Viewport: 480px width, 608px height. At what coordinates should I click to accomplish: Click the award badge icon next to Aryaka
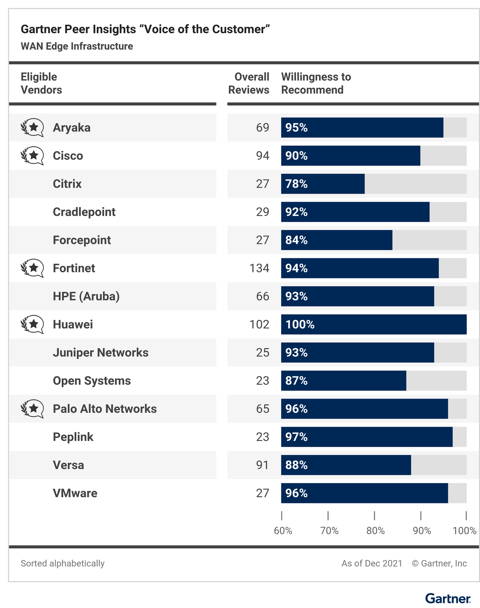tap(32, 128)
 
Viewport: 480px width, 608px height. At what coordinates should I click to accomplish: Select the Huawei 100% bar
tap(374, 324)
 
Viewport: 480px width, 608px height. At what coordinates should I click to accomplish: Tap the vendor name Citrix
tap(67, 184)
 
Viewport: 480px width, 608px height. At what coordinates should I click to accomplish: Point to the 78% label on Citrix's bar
tap(297, 184)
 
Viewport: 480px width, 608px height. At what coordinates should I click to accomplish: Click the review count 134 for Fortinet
tap(259, 268)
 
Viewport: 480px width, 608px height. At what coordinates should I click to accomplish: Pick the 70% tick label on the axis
tap(329, 531)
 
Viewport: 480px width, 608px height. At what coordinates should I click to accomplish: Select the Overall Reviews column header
tap(249, 83)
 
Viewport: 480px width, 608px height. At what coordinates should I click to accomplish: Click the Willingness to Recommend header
tap(316, 83)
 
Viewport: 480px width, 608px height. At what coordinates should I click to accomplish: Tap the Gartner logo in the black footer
tap(448, 599)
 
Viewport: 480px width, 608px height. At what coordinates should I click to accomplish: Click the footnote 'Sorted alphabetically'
tap(62, 563)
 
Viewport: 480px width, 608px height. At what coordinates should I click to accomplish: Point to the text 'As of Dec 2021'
tap(372, 563)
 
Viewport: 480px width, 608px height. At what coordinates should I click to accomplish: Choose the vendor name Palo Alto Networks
tap(105, 409)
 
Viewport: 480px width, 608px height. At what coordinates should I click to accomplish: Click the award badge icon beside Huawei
tap(32, 324)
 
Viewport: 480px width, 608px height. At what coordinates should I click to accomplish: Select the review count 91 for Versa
tap(262, 465)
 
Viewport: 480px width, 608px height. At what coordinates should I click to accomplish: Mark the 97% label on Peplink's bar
tap(297, 437)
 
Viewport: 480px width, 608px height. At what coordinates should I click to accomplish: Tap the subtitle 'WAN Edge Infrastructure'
tap(77, 46)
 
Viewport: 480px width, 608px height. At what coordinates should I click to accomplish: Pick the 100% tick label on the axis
tap(464, 531)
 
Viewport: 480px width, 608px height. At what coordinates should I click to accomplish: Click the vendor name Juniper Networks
tap(100, 353)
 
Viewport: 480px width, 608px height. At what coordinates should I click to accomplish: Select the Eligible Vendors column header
tap(41, 83)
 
